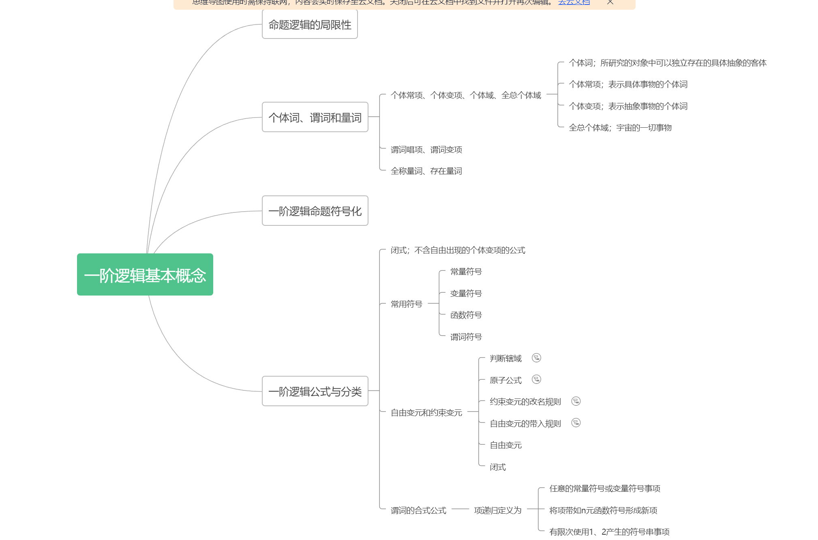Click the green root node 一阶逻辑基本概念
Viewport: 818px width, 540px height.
coord(145,274)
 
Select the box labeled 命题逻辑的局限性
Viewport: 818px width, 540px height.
coord(310,25)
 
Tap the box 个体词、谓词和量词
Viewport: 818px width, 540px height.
coord(315,117)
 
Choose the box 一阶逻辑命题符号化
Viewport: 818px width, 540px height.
coord(315,211)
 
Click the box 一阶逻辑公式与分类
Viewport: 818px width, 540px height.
coord(315,391)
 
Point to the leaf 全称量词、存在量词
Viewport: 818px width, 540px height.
coord(426,171)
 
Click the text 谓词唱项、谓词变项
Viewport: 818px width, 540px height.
coord(426,150)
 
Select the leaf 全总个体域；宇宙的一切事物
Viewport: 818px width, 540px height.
coord(620,128)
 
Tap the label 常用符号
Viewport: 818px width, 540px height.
coord(406,304)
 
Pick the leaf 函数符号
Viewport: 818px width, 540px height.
coord(466,315)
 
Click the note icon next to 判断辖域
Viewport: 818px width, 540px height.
coord(536,358)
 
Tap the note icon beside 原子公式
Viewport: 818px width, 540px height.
coord(536,379)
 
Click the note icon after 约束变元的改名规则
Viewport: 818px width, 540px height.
coord(576,401)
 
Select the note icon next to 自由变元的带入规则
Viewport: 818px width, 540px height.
coord(576,423)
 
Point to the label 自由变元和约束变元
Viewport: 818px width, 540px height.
coord(426,413)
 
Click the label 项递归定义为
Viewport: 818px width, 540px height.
coord(497,510)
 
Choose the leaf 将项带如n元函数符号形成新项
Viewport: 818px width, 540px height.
coord(603,510)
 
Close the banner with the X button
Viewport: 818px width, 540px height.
coord(610,2)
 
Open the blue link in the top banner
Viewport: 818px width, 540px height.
coord(574,2)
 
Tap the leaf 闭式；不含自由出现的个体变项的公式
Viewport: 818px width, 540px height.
coord(458,250)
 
